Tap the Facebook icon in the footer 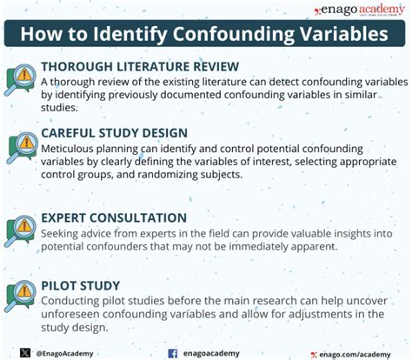172,353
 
